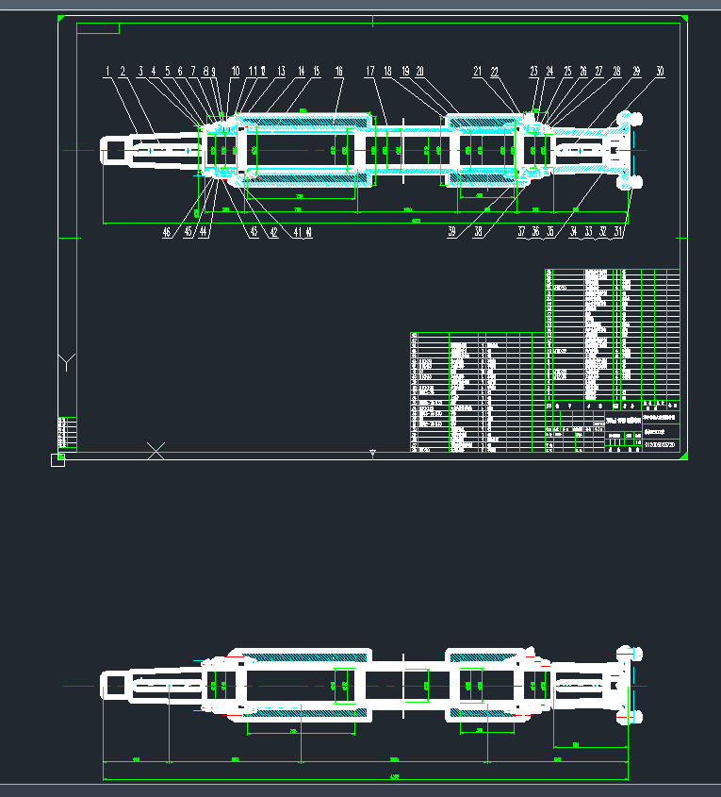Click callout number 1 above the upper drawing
point(107,71)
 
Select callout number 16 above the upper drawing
point(339,71)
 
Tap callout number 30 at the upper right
point(660,71)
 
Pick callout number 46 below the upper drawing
point(167,231)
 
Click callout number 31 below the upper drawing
point(618,231)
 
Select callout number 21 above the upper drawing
point(478,71)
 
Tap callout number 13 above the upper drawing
point(281,71)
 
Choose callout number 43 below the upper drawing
point(253,231)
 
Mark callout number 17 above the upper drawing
point(370,71)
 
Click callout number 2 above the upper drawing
point(123,71)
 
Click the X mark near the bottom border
point(156,451)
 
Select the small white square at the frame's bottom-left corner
point(57,460)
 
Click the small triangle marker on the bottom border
point(372,455)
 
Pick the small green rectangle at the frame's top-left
point(98,28)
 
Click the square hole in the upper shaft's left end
point(115,150)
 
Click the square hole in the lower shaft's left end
point(115,685)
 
